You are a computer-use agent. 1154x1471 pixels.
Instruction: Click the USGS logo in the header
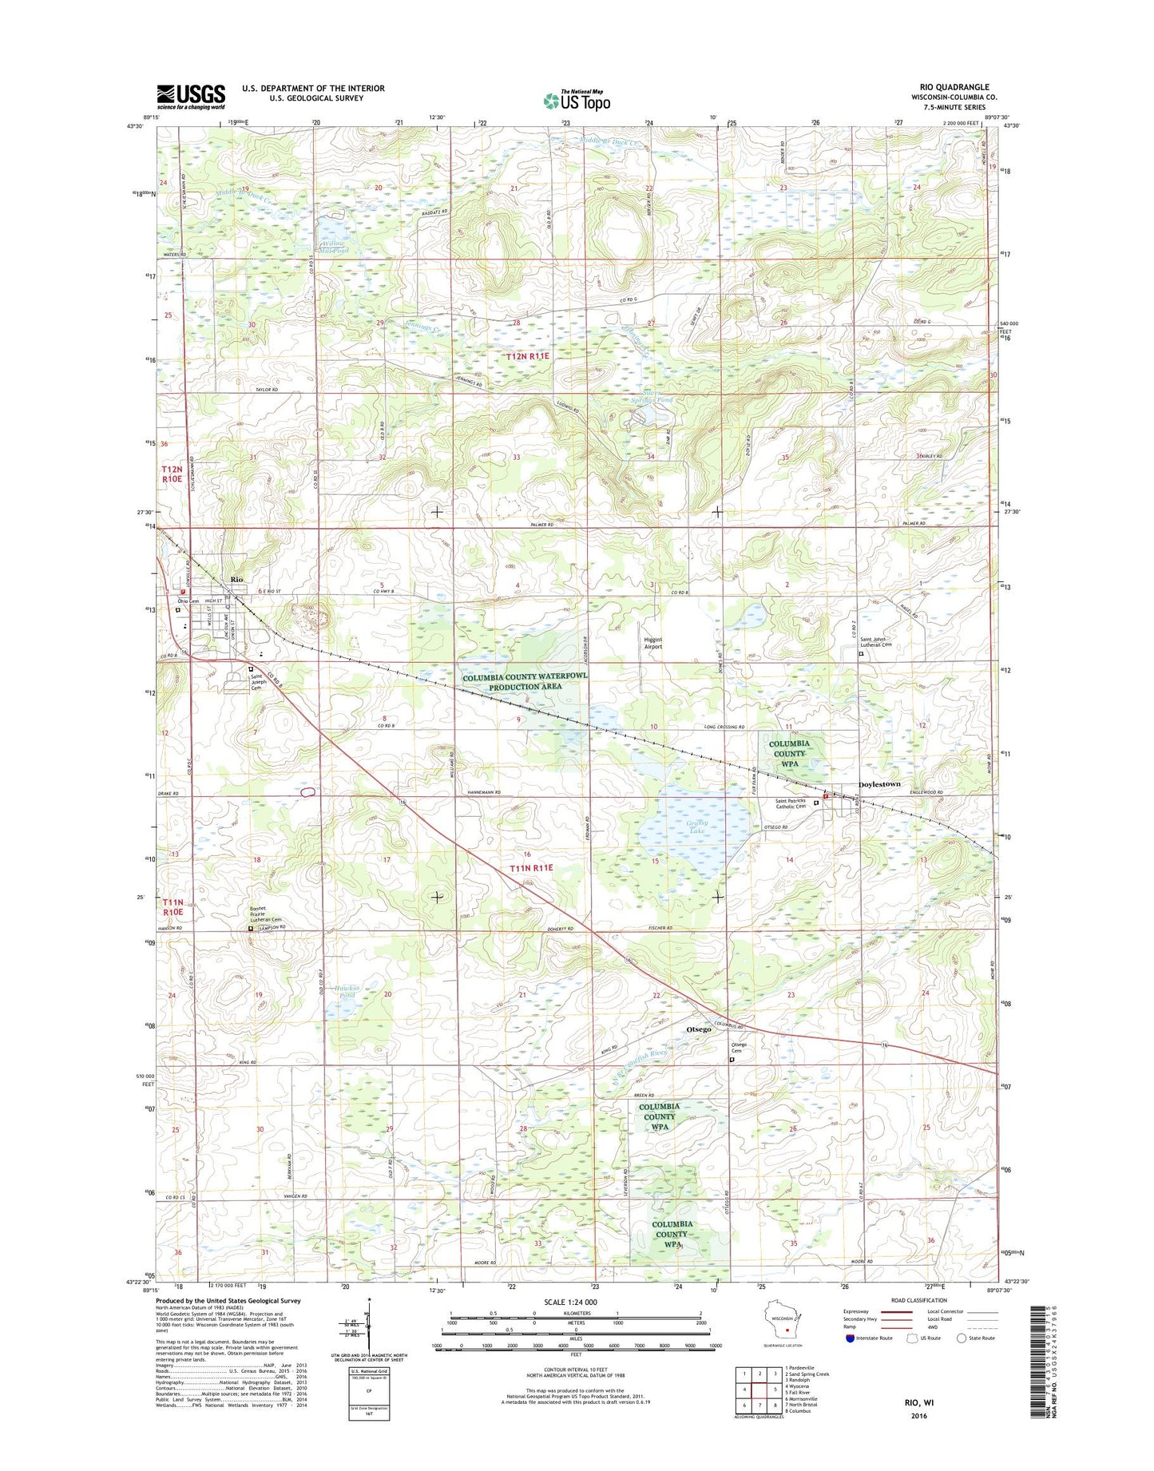coord(191,96)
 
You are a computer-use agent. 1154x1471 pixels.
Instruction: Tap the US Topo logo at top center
coord(577,100)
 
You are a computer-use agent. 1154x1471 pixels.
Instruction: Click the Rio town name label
coord(236,579)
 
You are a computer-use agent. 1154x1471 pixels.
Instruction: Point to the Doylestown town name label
coord(879,784)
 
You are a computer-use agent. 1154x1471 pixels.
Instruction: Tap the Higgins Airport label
coord(653,644)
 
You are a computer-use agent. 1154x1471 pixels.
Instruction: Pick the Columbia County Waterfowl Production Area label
coord(525,681)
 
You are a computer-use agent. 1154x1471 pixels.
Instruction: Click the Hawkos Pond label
coord(347,991)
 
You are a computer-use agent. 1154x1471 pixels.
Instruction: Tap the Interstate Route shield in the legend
coord(851,1338)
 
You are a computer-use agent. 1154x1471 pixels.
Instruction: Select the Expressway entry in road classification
coord(859,1311)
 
